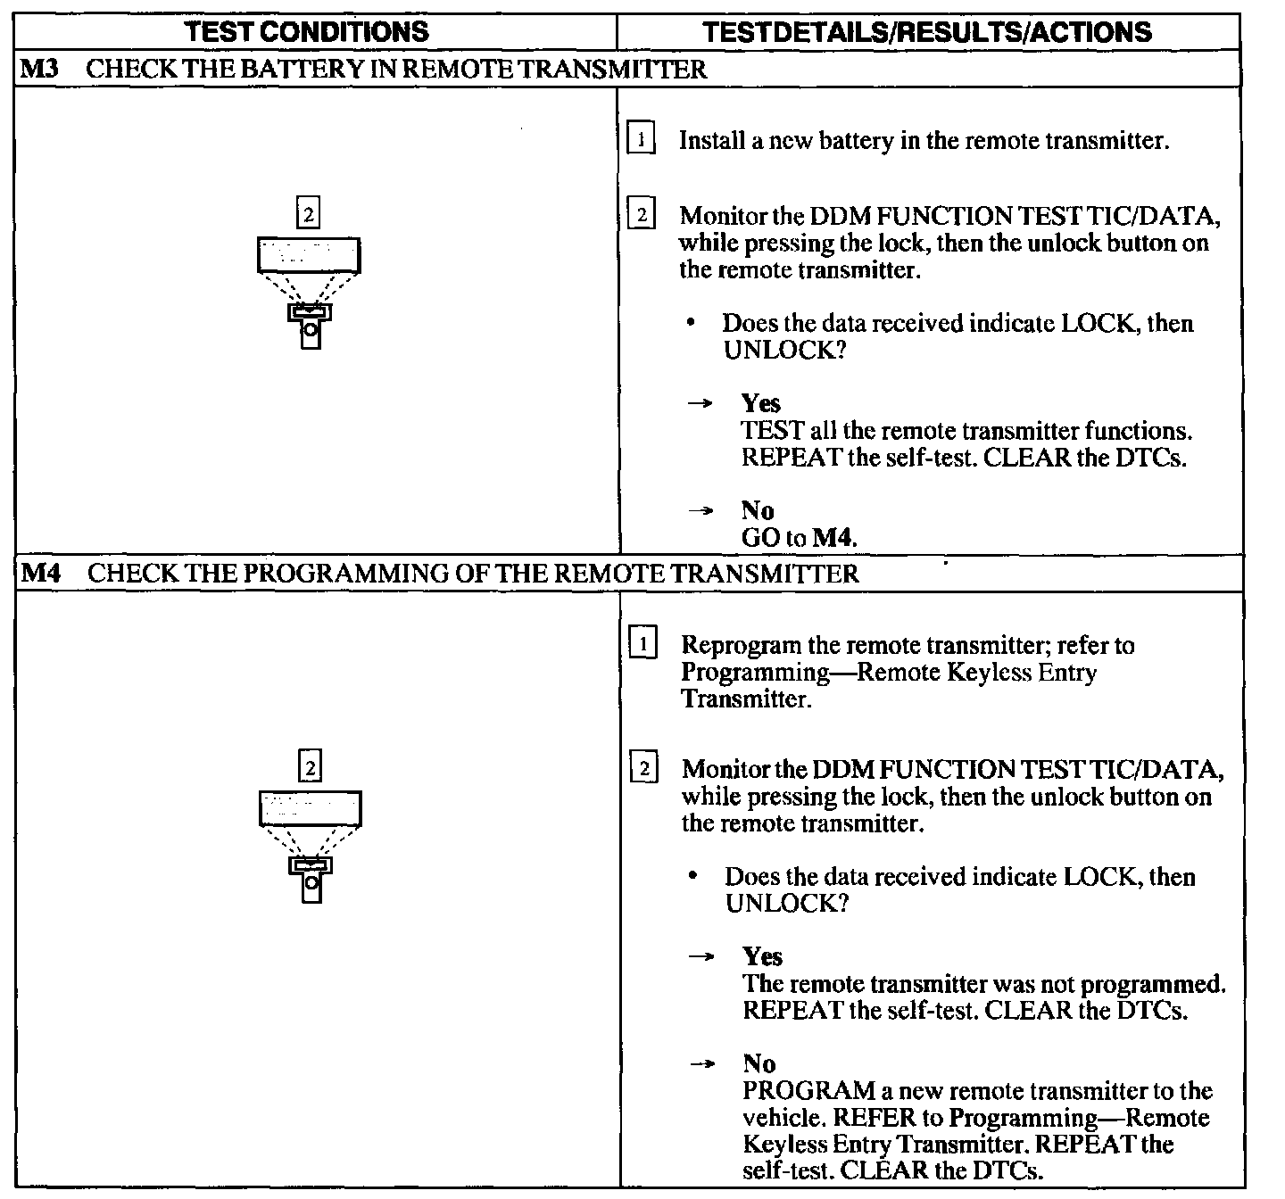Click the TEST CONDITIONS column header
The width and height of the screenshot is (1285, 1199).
pos(308,32)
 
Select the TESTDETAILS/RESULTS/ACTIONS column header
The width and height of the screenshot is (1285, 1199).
pos(927,32)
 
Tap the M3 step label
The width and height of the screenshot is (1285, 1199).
pos(39,69)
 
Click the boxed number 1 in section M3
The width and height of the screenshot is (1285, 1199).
pos(641,140)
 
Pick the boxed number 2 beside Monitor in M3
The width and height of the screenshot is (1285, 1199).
pos(642,215)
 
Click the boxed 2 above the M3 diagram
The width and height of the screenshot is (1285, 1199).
pos(308,214)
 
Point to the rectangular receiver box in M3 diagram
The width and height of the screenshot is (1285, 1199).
pos(309,255)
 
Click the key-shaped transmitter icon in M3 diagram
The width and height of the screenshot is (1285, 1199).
pos(310,326)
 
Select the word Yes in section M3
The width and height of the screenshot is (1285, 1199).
pos(761,403)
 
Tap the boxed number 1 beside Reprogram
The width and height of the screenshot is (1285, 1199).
pos(643,643)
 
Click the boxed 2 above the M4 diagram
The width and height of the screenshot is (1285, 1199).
pos(310,767)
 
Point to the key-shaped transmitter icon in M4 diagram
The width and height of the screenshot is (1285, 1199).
pos(311,879)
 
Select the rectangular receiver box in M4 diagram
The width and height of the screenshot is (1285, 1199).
pos(311,808)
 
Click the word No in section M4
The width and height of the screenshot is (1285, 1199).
pos(759,1063)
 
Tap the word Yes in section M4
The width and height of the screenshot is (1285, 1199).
pos(763,956)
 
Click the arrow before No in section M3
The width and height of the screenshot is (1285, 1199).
pos(702,511)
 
